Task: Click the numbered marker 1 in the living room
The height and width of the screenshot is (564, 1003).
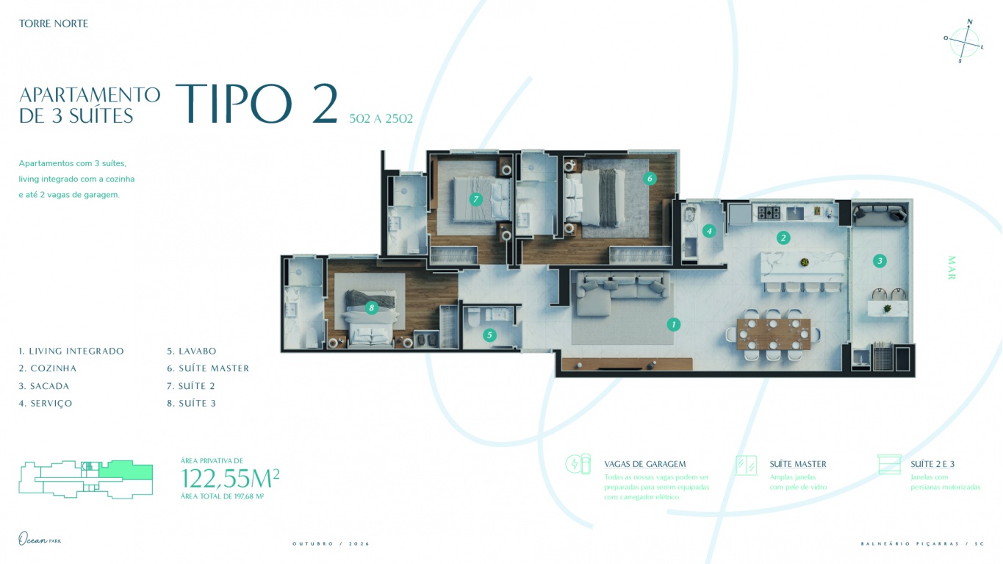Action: click(673, 324)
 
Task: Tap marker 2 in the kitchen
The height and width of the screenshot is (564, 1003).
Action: click(784, 238)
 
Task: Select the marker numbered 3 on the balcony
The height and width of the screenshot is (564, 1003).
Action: click(879, 260)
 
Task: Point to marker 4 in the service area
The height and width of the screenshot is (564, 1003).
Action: click(708, 231)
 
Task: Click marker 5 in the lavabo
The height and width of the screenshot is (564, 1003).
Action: click(489, 335)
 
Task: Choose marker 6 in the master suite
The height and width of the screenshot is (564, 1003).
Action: click(649, 178)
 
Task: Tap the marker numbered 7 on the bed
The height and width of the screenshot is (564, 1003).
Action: click(475, 199)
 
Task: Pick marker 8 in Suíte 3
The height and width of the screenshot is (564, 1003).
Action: click(371, 308)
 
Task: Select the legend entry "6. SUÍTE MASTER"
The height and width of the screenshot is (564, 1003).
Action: click(208, 368)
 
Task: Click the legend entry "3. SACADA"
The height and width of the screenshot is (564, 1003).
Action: click(44, 386)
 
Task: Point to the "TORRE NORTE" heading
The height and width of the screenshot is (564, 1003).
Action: click(54, 24)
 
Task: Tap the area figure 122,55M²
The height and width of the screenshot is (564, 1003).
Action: click(230, 479)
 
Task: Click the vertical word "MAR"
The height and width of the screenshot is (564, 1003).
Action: click(952, 268)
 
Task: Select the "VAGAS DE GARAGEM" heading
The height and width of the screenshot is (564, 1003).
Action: click(644, 464)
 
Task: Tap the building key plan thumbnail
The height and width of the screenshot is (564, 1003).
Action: click(85, 479)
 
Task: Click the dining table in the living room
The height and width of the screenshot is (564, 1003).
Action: click(773, 333)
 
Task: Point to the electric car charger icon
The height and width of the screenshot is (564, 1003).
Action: click(577, 464)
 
